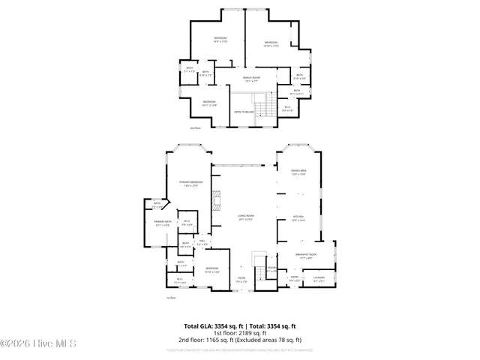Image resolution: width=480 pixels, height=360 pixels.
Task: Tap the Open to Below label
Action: (242, 111)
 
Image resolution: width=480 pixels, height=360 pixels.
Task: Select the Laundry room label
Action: (319, 279)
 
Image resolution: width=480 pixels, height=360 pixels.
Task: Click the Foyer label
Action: (242, 278)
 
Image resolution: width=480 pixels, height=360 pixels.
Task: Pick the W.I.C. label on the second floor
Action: (286, 108)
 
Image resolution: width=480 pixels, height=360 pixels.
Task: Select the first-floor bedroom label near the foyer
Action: (212, 269)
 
